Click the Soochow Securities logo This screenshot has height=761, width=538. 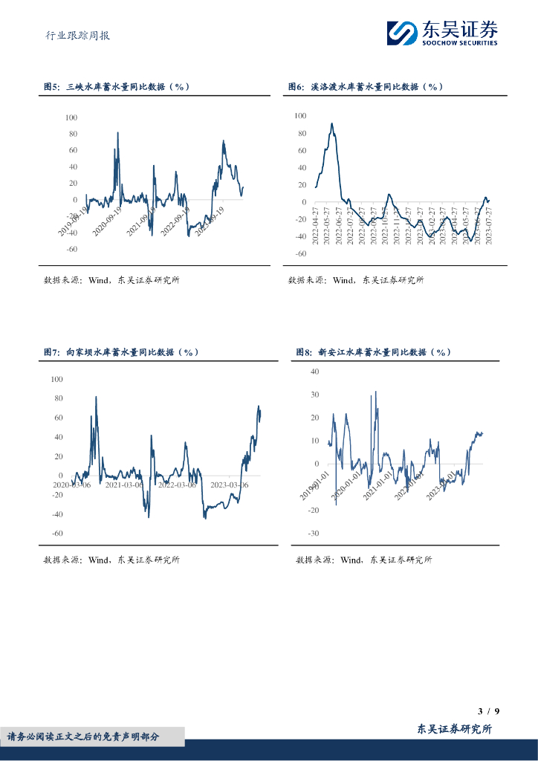(x=442, y=33)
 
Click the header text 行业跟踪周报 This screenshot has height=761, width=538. (x=77, y=35)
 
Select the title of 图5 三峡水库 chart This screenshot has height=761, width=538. (x=117, y=87)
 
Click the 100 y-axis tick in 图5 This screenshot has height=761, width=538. (x=71, y=117)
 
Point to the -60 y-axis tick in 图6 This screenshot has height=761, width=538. (x=300, y=253)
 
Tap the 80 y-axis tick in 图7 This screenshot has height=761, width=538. (x=58, y=398)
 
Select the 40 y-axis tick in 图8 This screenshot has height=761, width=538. (x=314, y=371)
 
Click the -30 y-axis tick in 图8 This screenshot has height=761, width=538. (x=313, y=534)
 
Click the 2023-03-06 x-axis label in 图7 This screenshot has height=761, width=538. (x=230, y=485)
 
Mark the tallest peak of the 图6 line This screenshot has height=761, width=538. (x=331, y=124)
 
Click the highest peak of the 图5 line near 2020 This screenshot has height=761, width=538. (x=117, y=133)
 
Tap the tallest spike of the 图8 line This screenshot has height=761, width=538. (x=375, y=392)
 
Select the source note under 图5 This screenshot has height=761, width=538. (x=111, y=280)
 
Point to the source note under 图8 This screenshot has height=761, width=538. (x=363, y=560)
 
